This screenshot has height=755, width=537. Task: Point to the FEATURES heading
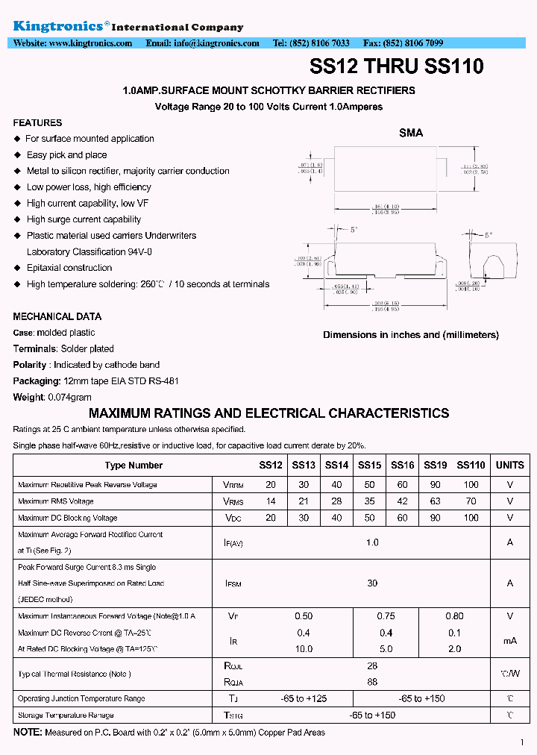[37, 123]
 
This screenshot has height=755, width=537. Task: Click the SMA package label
[411, 133]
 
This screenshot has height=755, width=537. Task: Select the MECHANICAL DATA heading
[57, 317]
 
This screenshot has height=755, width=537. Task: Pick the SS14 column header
[336, 465]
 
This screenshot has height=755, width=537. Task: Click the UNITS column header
[510, 465]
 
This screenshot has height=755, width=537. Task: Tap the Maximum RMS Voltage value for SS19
[436, 501]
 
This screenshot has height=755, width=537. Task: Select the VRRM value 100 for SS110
[471, 485]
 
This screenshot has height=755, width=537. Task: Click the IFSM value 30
[372, 583]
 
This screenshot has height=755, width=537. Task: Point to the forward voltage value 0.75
[386, 616]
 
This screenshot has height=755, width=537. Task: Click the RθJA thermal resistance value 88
[372, 682]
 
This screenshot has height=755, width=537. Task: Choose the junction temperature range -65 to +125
[304, 699]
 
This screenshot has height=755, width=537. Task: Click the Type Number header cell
[134, 465]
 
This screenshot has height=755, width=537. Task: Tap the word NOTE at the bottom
[27, 733]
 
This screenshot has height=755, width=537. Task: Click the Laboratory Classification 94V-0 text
[89, 252]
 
